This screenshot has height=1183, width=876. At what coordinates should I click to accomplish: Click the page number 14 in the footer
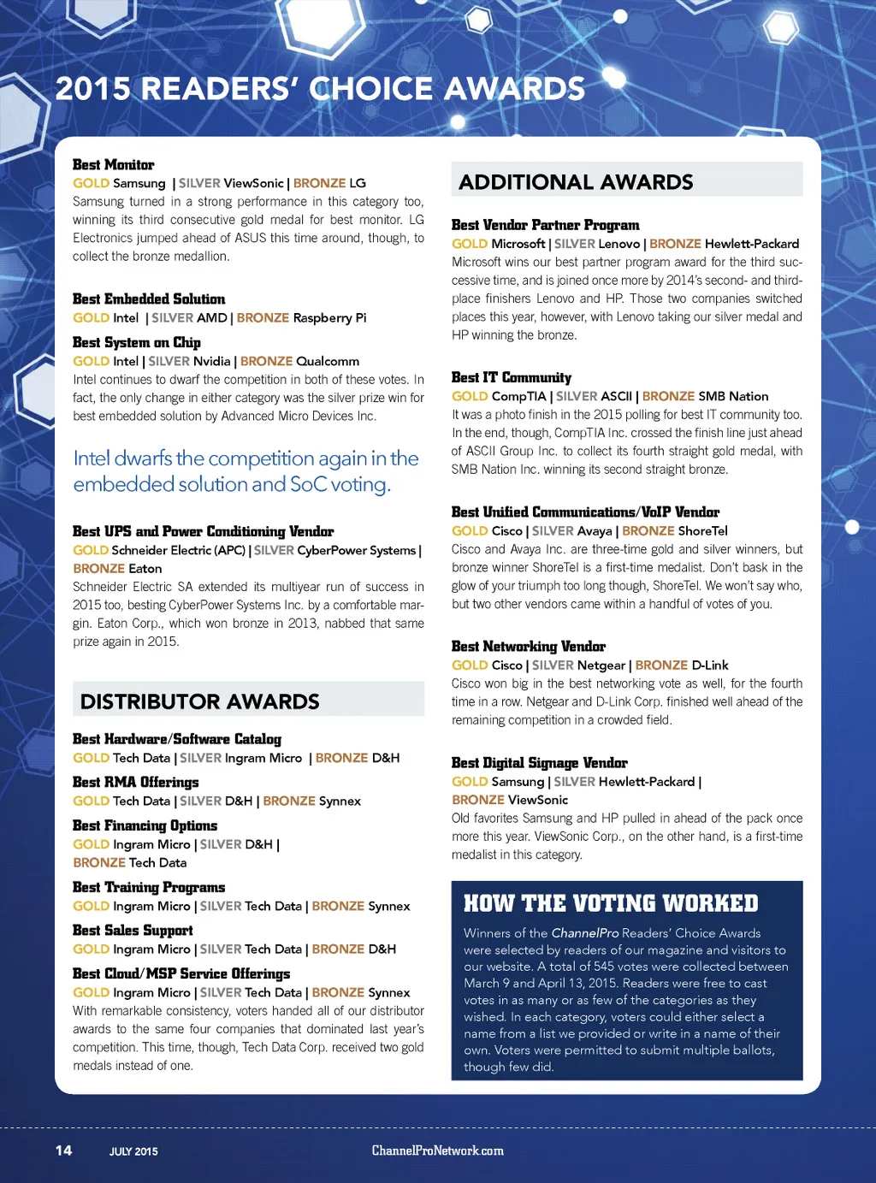pos(64,1150)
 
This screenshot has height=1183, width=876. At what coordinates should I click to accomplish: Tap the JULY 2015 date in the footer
pos(133,1151)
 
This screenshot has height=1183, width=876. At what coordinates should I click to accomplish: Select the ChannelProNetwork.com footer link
pos(437,1150)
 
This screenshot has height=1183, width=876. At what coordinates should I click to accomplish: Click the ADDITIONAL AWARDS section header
pos(576,182)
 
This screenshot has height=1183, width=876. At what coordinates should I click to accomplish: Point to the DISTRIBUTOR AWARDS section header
pos(199,701)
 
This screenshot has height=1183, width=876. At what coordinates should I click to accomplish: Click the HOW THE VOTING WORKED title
pos(611,903)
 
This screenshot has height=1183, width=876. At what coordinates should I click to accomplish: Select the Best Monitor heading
pos(113,164)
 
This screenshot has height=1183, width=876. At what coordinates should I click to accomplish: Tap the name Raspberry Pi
pos(329,317)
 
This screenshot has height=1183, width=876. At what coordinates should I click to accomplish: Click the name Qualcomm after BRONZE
pos(328,361)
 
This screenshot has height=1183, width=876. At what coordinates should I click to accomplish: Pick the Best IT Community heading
pos(511,377)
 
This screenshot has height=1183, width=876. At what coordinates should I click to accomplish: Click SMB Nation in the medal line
pos(733,396)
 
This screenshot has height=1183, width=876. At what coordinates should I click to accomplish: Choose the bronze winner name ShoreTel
pos(702,530)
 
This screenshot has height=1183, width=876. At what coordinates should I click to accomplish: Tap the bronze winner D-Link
pos(710,665)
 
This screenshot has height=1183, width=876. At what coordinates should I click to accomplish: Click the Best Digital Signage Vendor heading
pos(539,762)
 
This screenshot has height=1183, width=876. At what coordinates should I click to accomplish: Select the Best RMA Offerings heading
pos(135,782)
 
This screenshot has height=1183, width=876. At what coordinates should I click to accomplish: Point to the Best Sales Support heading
pos(133,930)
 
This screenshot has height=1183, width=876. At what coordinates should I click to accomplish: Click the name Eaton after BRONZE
pos(145,568)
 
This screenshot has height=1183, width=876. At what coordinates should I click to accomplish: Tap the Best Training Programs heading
pos(149,887)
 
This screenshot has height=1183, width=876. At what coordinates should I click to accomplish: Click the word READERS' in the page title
pos(219,89)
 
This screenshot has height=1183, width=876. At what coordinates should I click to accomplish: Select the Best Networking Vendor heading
pos(528,646)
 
